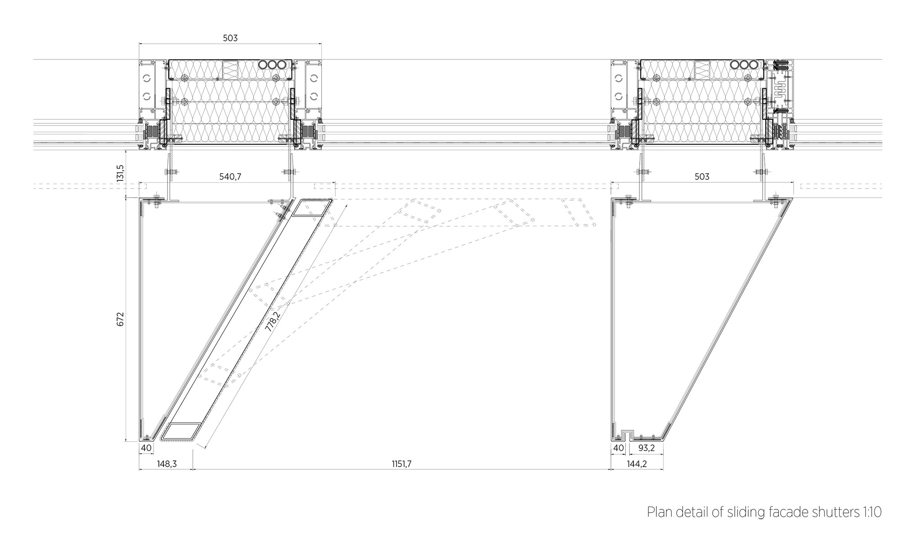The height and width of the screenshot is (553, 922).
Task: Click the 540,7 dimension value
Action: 230,177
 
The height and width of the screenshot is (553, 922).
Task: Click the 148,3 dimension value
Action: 166,464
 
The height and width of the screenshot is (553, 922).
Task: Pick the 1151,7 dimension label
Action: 401,464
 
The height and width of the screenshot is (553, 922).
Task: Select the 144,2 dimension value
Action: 637,464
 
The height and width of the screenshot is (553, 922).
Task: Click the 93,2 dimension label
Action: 646,448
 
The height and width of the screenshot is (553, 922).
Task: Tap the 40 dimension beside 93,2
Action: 619,448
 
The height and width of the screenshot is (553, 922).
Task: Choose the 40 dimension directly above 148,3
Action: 146,448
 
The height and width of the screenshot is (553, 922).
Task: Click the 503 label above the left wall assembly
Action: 230,38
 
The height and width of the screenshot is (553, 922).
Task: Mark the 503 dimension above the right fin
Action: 702,177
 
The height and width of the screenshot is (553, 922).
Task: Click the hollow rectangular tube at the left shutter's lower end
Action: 181,431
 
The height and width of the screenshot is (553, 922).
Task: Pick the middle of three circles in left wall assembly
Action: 272,65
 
